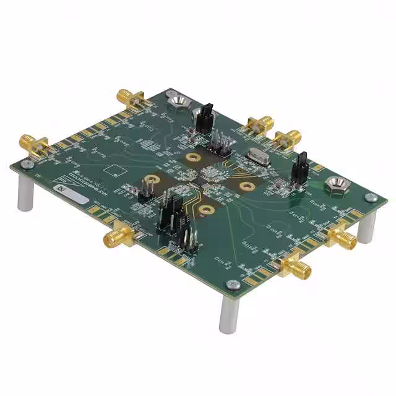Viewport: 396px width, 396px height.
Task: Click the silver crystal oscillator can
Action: tap(256, 159)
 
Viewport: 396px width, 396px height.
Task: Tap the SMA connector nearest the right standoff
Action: tap(342, 237)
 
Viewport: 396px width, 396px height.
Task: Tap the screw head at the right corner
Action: tap(371, 197)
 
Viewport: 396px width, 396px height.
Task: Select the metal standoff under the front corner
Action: tap(228, 316)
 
